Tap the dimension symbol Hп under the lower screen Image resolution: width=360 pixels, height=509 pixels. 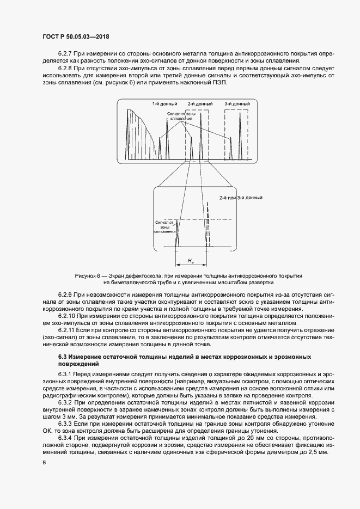tap(191, 262)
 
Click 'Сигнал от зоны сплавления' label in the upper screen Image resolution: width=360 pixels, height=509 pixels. tap(180, 117)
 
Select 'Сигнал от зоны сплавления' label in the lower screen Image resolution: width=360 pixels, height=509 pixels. tap(163, 227)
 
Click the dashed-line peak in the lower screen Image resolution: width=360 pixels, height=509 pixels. tap(208, 223)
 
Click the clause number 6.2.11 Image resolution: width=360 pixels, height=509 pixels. tap(66, 330)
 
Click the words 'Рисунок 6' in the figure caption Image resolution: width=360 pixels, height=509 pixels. tap(88, 276)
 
